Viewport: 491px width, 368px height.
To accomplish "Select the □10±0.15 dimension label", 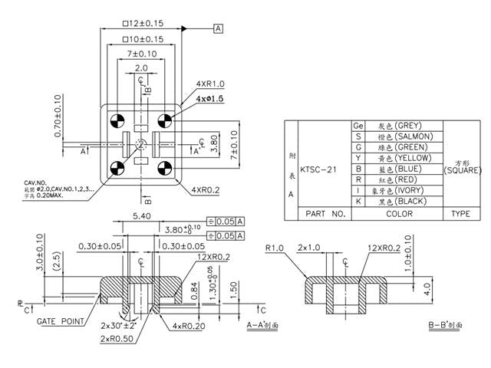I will (143, 38).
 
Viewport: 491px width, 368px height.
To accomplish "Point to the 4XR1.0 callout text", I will (209, 84).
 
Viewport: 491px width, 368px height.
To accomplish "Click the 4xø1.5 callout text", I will (209, 100).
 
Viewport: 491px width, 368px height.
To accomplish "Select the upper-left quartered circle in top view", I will (117, 120).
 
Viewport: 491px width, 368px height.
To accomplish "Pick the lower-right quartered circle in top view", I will (163, 169).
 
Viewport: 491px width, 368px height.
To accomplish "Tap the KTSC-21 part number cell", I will (319, 169).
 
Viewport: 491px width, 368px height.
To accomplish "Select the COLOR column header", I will (399, 214).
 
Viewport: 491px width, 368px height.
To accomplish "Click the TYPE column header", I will (460, 214).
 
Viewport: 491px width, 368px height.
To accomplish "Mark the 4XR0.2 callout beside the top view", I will (205, 189).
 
